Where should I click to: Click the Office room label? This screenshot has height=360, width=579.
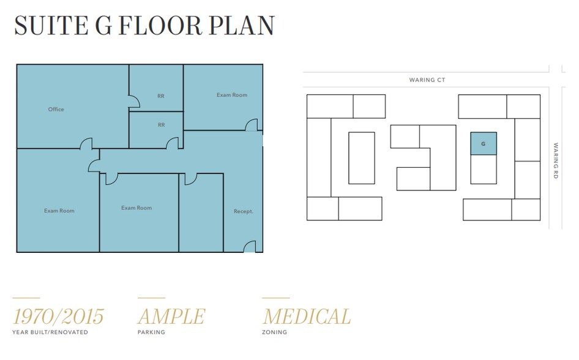[x=56, y=110]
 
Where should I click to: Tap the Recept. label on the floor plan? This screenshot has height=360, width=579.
[x=243, y=212]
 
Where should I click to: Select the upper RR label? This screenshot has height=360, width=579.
[x=161, y=96]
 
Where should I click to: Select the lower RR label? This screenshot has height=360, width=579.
[x=161, y=125]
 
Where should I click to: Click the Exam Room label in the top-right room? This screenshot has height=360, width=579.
[x=232, y=95]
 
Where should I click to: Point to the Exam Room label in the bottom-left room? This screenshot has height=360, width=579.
[x=59, y=211]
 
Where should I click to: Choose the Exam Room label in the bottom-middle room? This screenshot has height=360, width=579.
[x=136, y=208]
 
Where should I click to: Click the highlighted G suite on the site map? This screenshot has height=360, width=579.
[x=483, y=144]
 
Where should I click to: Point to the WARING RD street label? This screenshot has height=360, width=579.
[x=556, y=161]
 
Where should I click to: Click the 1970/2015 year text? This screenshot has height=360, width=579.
[x=58, y=317]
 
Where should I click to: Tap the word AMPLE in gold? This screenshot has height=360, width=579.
[x=171, y=317]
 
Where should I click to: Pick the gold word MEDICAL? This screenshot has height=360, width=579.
[x=307, y=317]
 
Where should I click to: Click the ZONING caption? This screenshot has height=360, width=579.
[x=274, y=332]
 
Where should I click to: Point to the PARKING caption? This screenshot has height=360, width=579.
[x=151, y=332]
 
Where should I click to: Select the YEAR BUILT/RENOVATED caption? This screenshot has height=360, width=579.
[x=50, y=332]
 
